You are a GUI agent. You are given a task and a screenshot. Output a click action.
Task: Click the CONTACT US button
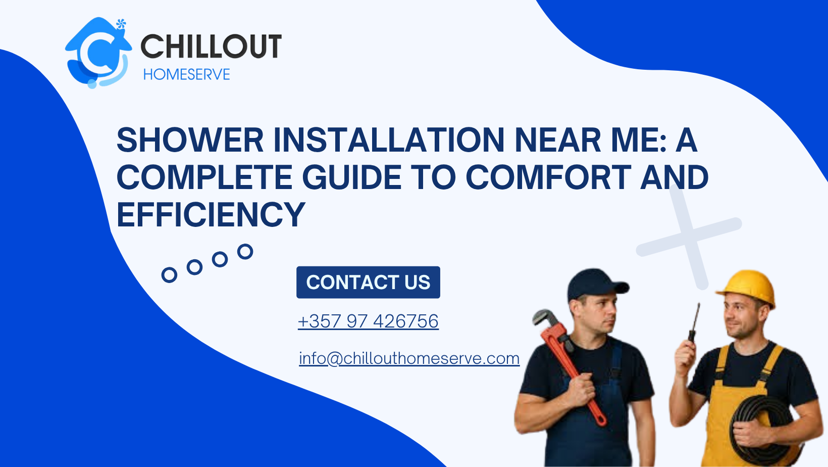[x=368, y=283]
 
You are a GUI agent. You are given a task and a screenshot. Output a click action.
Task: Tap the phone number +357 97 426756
[x=368, y=321]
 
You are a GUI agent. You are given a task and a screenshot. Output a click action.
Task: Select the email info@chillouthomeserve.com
[x=409, y=358]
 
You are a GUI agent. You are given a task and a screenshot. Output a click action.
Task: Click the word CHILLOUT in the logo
[x=211, y=46]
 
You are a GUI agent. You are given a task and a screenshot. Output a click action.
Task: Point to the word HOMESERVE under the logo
[x=187, y=74]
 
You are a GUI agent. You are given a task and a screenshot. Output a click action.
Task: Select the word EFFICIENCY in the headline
[x=211, y=215]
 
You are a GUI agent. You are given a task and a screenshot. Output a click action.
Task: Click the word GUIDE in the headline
[x=352, y=177]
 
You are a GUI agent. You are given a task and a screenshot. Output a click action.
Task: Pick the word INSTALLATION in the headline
[x=389, y=140]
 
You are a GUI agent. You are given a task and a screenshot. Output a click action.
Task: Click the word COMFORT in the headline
[x=549, y=177]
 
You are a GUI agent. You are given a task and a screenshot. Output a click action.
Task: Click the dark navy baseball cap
[x=596, y=284]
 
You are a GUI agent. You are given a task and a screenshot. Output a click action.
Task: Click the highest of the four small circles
[x=245, y=252]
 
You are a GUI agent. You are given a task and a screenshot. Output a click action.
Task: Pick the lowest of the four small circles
[x=169, y=275]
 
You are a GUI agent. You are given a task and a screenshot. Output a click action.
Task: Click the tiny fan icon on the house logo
[x=121, y=24]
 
